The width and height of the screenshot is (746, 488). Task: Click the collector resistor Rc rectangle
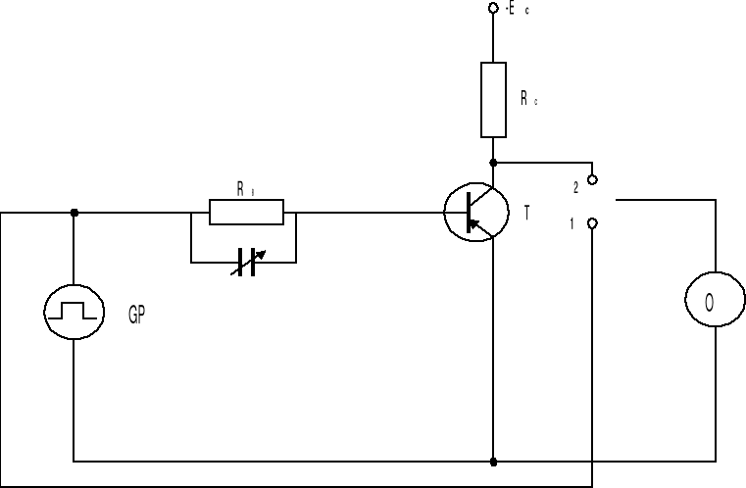(493, 99)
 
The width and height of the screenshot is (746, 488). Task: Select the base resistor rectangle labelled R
(246, 212)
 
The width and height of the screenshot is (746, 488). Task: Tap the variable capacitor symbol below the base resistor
(245, 263)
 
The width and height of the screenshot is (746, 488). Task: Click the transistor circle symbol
(476, 212)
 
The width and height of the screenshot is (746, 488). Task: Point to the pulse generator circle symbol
(74, 312)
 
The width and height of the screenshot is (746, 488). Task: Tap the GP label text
(137, 317)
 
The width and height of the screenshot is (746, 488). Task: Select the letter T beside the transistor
(527, 213)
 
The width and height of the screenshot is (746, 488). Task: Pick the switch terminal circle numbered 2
(592, 179)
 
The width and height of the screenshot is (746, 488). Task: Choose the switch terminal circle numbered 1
(592, 224)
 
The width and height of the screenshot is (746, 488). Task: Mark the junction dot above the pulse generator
(75, 212)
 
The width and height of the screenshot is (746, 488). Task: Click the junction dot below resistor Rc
(493, 162)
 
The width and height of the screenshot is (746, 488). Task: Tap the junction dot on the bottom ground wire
(493, 460)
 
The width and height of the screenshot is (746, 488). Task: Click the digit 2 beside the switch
(575, 184)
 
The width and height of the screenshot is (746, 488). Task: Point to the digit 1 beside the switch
(573, 224)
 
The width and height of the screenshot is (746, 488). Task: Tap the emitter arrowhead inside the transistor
(475, 225)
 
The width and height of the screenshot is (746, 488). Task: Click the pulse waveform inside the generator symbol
(74, 312)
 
